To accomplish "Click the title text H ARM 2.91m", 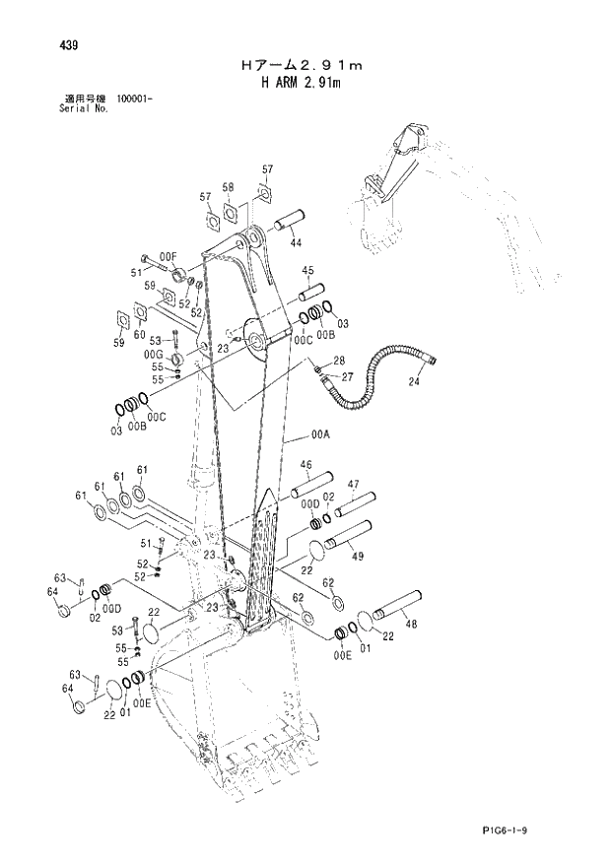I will point(301,83).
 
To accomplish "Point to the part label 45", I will point(307,271).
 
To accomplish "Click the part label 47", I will point(352,484).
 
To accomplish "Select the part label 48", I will point(411,624).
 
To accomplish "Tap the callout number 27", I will point(347,376).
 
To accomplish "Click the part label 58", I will point(228,187).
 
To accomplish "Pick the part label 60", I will point(152,335).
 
